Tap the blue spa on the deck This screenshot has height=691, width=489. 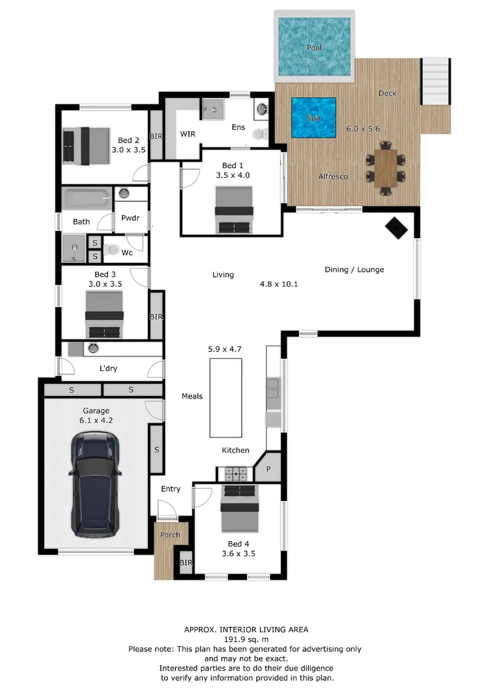(314, 118)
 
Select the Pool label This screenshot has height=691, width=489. (314, 48)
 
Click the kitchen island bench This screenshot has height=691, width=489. (225, 397)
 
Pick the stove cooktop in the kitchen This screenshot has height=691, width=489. (235, 474)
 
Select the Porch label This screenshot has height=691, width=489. (170, 535)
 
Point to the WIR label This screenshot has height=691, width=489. (188, 134)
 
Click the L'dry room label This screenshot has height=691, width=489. (108, 369)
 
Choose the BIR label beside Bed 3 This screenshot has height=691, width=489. (156, 316)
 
